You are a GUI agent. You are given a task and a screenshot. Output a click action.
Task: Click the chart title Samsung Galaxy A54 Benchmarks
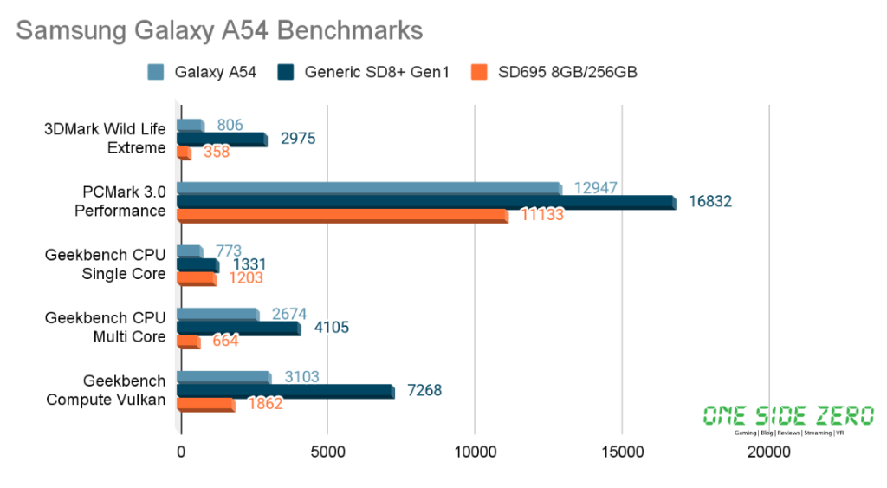219,30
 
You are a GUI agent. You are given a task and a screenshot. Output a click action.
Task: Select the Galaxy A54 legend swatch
156,72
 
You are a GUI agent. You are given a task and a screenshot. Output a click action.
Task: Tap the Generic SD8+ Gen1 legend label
377,72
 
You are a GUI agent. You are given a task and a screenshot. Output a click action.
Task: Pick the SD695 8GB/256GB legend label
567,72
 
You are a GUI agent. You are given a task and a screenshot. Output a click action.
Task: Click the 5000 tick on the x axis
327,452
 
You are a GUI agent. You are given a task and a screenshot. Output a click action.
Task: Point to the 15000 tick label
622,452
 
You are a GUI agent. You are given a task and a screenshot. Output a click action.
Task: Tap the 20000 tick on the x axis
769,452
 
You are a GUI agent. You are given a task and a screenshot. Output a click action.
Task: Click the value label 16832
710,201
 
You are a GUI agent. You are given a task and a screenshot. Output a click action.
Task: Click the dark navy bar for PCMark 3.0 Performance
425,202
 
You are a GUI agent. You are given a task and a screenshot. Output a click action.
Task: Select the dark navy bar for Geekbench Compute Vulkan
285,391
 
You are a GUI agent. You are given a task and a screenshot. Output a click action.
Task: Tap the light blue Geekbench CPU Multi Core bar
217,314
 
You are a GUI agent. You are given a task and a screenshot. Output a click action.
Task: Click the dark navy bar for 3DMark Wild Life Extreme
221,139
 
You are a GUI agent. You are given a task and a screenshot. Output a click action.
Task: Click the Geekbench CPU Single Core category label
106,264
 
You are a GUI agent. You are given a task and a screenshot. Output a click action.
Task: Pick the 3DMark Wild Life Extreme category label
106,139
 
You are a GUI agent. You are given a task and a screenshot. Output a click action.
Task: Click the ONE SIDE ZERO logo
788,419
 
